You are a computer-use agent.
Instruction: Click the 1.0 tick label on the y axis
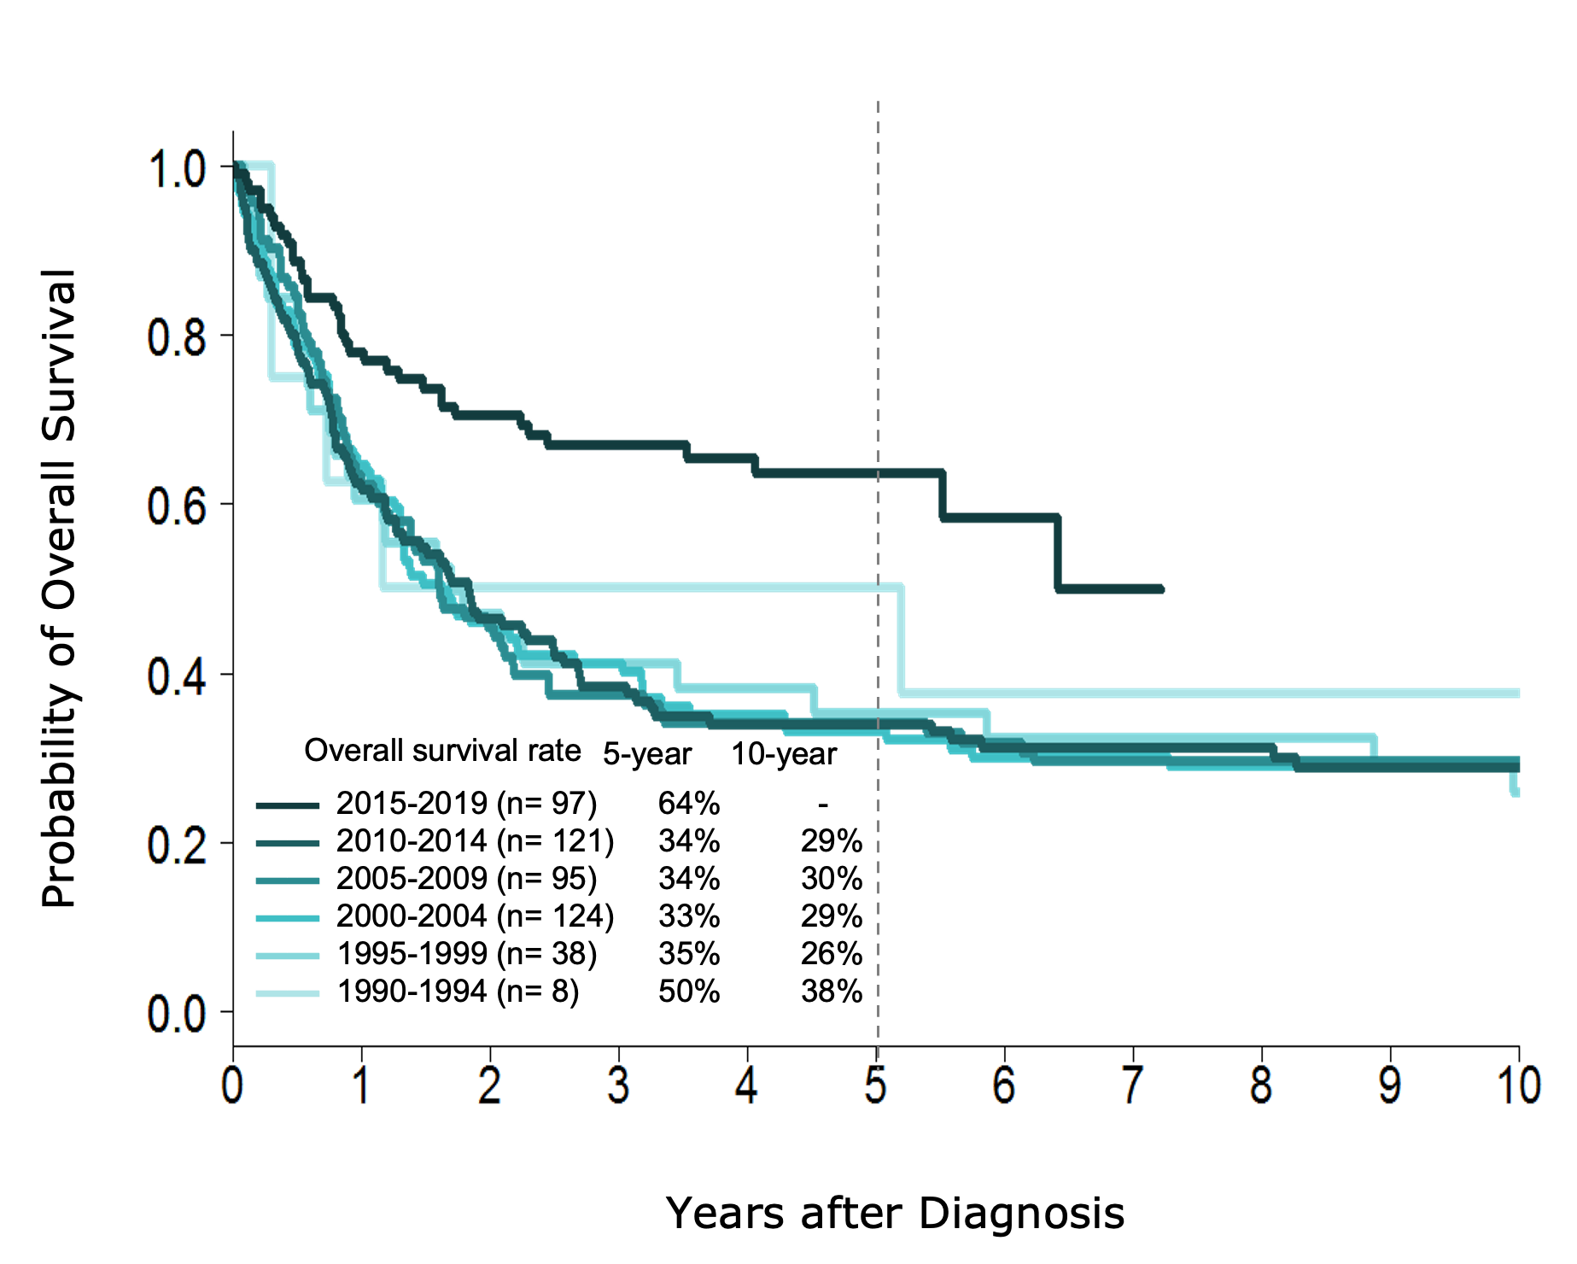pyautogui.click(x=178, y=170)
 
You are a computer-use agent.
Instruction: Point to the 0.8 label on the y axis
pyautogui.click(x=178, y=338)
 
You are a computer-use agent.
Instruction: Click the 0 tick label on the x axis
pyautogui.click(x=231, y=1086)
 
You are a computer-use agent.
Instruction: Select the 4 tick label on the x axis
pyautogui.click(x=746, y=1086)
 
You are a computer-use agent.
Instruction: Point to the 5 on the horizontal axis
pyautogui.click(x=875, y=1086)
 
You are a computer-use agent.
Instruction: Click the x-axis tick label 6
pyautogui.click(x=1004, y=1086)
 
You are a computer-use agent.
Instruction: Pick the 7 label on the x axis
pyautogui.click(x=1133, y=1086)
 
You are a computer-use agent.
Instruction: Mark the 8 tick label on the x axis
pyautogui.click(x=1261, y=1086)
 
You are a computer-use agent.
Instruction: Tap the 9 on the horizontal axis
pyautogui.click(x=1390, y=1086)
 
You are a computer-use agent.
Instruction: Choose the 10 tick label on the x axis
pyautogui.click(x=1520, y=1086)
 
